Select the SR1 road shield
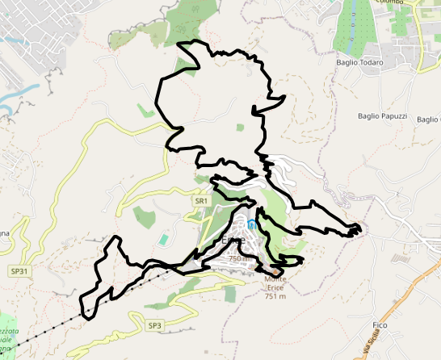(x=201, y=199)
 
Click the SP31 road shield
(x=19, y=271)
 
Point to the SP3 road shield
(x=155, y=325)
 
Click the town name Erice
(x=235, y=241)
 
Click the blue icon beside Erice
(x=252, y=224)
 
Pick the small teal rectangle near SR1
(x=165, y=240)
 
